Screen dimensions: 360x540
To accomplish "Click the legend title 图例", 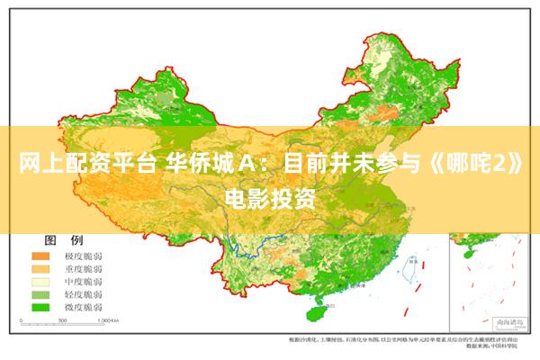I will coord(63,241).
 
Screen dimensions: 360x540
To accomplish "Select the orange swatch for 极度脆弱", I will coord(41,256).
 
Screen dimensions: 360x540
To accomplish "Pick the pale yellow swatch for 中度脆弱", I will coord(41,282).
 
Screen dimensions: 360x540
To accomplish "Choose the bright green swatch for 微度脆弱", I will coord(41,307).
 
